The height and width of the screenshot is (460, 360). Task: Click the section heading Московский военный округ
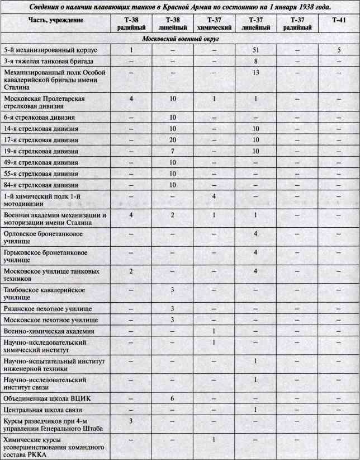coord(180,39)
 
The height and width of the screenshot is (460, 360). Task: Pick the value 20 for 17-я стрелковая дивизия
coord(173,139)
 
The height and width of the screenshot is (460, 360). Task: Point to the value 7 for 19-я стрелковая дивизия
coord(173,151)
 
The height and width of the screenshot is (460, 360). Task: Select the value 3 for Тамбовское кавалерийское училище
coord(173,289)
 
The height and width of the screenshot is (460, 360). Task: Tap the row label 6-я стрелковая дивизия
coord(38,118)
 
